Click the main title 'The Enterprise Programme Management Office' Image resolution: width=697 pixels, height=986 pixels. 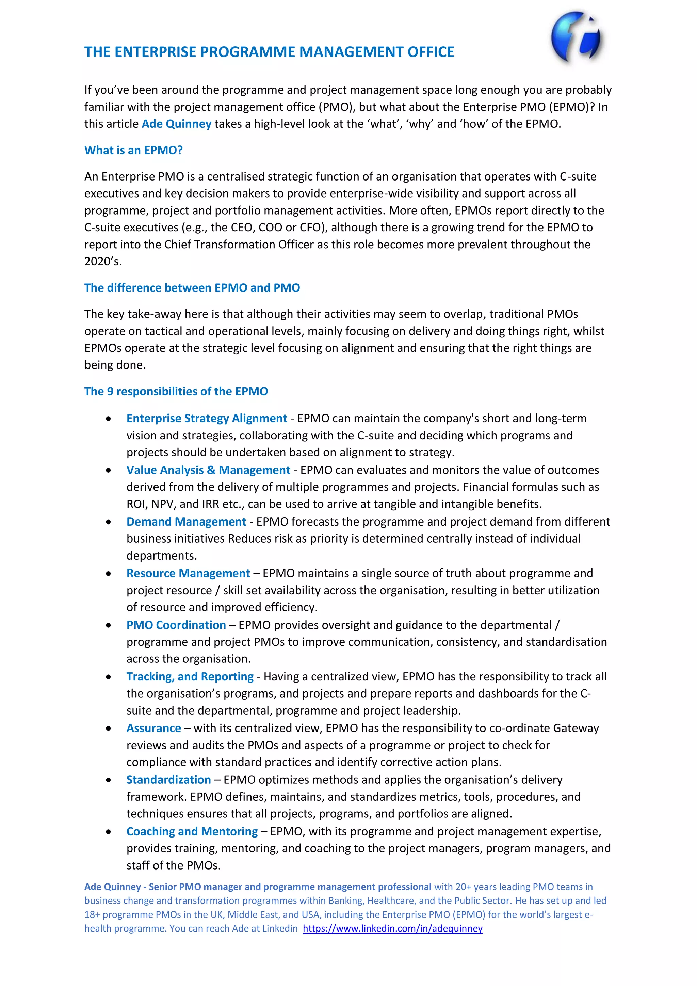tap(269, 52)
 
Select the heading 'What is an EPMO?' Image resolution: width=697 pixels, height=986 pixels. tap(133, 150)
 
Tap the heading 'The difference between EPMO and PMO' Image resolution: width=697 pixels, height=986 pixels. tap(192, 288)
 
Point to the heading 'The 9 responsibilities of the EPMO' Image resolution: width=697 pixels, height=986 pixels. tap(176, 391)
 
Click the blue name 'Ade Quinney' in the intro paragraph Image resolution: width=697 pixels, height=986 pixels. tap(176, 124)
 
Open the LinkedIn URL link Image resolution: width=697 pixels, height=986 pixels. tap(392, 928)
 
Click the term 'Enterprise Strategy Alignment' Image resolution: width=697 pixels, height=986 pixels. tap(207, 418)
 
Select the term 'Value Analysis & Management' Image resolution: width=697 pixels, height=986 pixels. tap(208, 470)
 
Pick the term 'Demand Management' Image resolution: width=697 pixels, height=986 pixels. tap(186, 521)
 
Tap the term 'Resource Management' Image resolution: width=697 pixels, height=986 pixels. tap(188, 573)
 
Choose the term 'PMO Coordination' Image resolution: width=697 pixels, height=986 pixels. tap(176, 625)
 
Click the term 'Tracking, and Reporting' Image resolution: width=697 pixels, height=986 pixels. tap(190, 676)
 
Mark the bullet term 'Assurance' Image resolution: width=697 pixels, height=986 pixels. tap(153, 728)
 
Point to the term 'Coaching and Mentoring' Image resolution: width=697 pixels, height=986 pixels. tap(192, 831)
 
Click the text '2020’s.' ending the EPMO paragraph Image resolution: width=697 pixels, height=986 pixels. tap(103, 261)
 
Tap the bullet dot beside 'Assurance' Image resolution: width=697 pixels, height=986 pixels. tap(109, 728)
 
